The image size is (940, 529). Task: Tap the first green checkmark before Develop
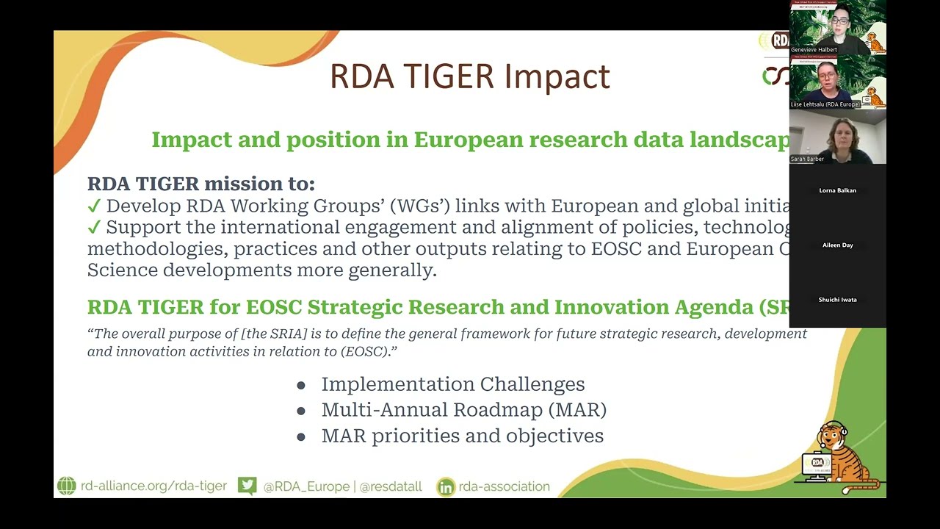click(94, 206)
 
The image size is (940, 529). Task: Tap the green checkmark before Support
click(94, 228)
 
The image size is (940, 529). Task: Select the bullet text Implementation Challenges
click(452, 384)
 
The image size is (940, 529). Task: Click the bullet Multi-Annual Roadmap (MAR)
click(463, 410)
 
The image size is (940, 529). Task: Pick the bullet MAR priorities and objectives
click(462, 436)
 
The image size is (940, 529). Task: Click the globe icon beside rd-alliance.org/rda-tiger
click(67, 486)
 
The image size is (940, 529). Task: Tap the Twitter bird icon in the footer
click(247, 486)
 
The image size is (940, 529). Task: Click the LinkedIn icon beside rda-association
click(446, 487)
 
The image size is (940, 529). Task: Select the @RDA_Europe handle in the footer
click(306, 486)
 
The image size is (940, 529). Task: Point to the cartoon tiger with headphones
click(841, 459)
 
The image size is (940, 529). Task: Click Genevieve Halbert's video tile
click(837, 27)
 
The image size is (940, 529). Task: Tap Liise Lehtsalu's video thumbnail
click(837, 82)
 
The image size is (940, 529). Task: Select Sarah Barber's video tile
click(837, 137)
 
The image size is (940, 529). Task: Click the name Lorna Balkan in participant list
click(837, 190)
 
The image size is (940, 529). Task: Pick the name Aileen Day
click(837, 245)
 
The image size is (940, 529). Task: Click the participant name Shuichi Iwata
click(837, 300)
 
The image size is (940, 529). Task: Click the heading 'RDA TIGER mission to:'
click(200, 184)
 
